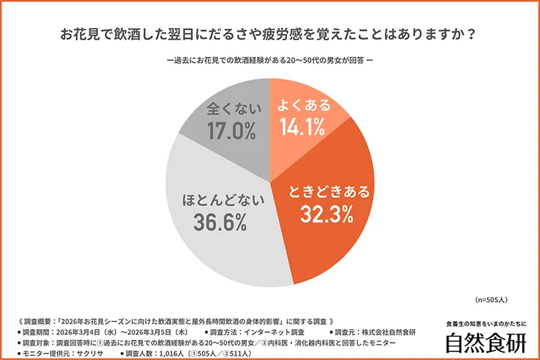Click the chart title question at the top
pyautogui.click(x=270, y=35)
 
